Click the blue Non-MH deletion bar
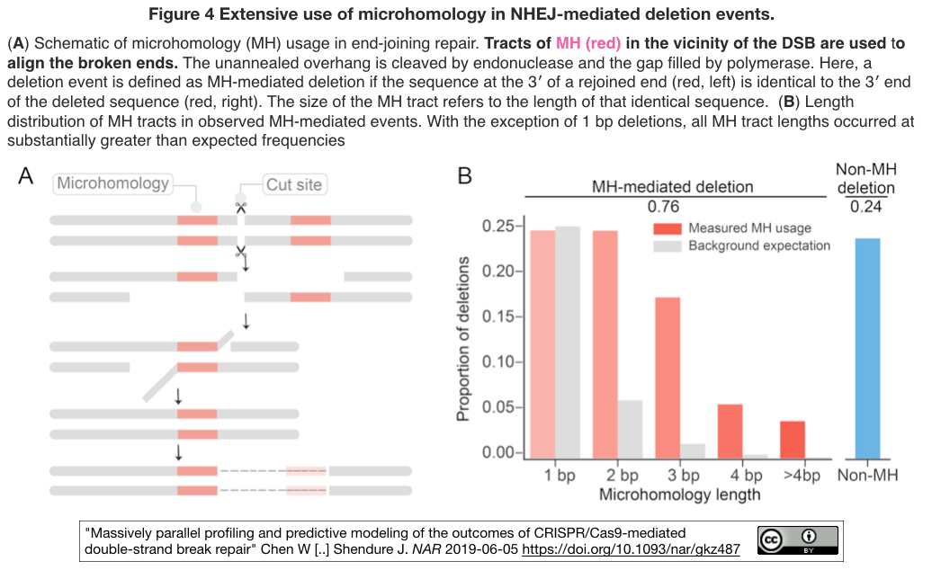[x=867, y=349]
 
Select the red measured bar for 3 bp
[x=668, y=378]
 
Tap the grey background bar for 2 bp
[x=630, y=429]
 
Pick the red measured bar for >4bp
[x=793, y=440]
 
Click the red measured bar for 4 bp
[x=730, y=432]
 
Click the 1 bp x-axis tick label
[x=560, y=476]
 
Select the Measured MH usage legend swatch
[x=667, y=228]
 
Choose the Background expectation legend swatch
[x=667, y=246]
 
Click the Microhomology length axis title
[x=679, y=494]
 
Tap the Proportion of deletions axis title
[x=462, y=339]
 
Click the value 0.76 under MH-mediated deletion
[x=663, y=207]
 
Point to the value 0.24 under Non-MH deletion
[x=866, y=207]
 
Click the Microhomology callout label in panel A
[x=113, y=183]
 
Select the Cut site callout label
[x=294, y=184]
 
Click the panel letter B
[x=464, y=175]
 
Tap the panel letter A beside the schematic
[x=25, y=175]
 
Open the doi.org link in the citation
[x=631, y=549]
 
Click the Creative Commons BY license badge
[x=798, y=540]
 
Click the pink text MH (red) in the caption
[x=588, y=43]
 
